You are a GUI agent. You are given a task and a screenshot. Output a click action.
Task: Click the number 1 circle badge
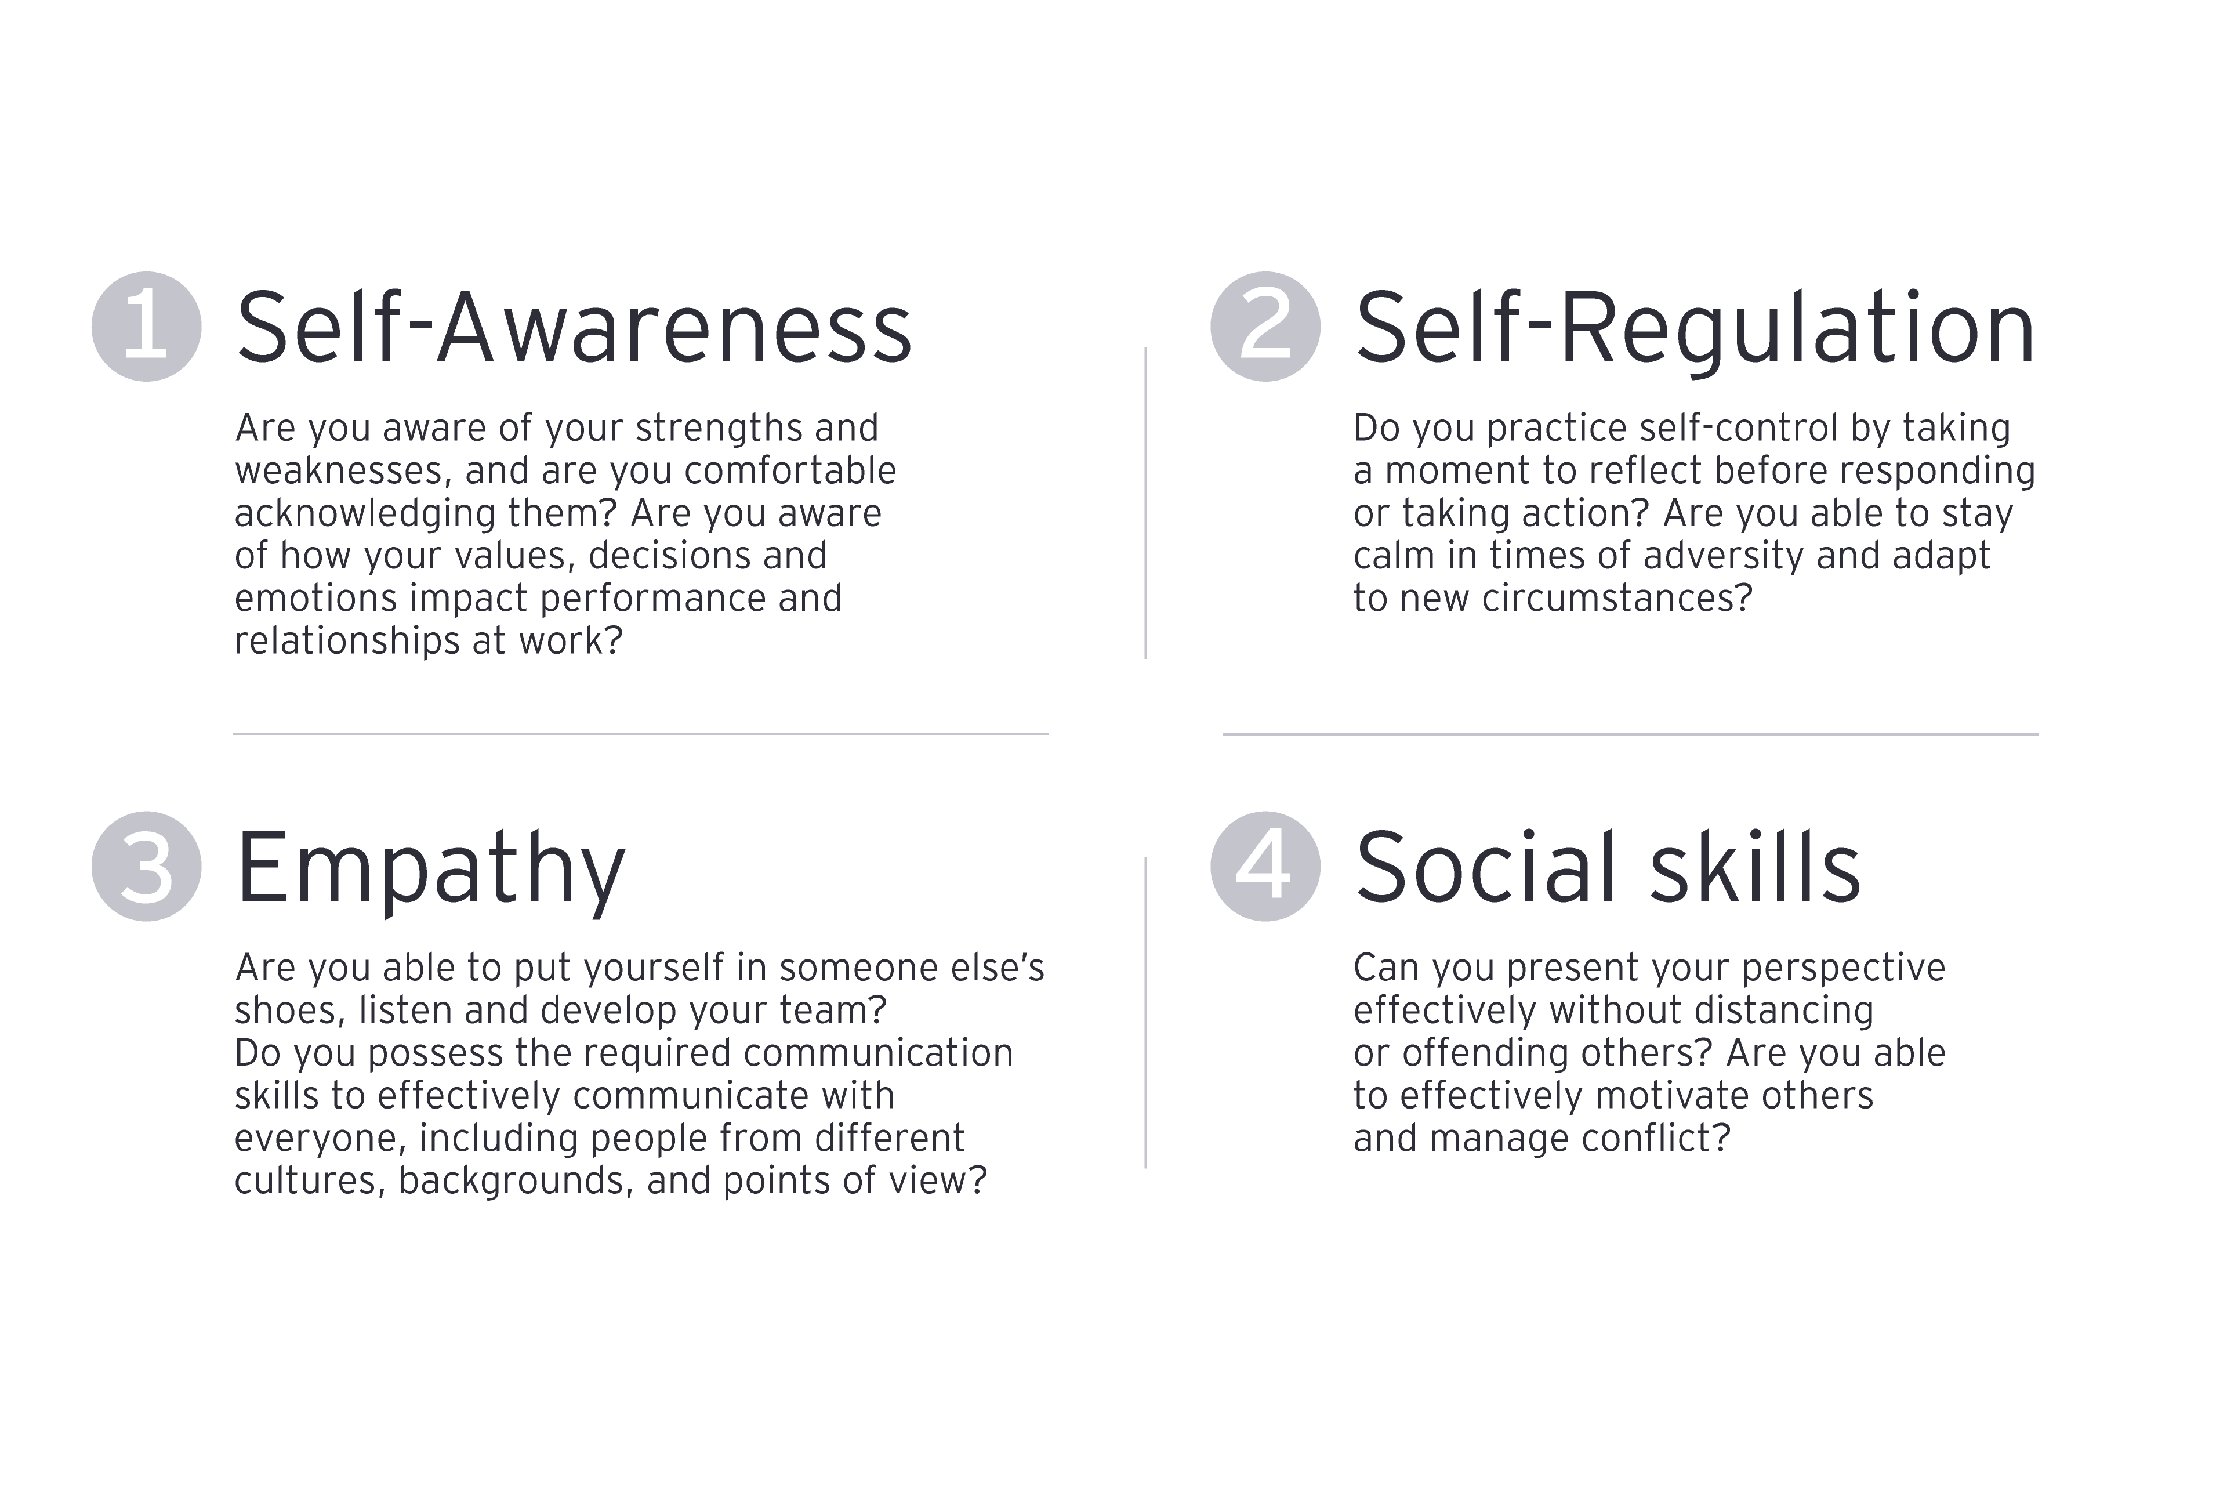click(x=147, y=327)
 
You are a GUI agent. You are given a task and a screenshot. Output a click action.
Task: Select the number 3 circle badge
click(x=147, y=867)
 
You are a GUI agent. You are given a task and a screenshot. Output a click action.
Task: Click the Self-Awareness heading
click(x=574, y=327)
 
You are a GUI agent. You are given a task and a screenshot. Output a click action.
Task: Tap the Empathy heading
click(x=431, y=871)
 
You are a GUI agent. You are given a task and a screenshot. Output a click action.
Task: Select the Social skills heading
click(x=1608, y=867)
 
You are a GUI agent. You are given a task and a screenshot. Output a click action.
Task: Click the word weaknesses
click(x=339, y=470)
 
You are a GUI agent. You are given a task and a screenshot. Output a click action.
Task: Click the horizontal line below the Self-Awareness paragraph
click(x=641, y=733)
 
